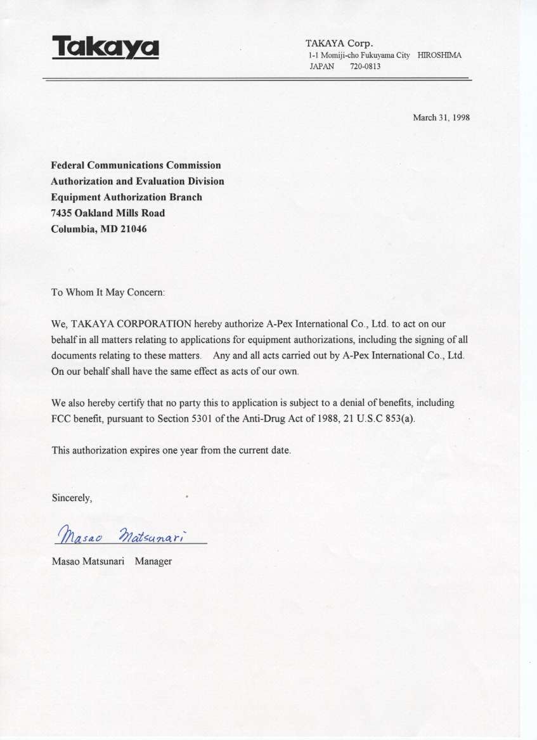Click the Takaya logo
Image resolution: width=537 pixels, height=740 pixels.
point(105,48)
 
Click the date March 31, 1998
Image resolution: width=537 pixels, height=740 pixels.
point(441,117)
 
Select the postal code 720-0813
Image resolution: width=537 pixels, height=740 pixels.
point(365,66)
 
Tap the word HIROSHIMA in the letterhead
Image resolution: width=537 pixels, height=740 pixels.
point(439,55)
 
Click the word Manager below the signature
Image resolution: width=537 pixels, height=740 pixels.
point(153,561)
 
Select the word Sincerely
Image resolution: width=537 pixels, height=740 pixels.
point(72,498)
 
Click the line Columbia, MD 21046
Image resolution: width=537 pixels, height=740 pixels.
point(98,229)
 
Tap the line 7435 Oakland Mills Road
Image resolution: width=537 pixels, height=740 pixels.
point(108,213)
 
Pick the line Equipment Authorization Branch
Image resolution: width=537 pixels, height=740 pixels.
point(126,197)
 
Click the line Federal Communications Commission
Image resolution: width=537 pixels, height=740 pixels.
point(136,166)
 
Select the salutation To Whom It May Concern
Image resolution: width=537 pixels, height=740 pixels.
point(108,293)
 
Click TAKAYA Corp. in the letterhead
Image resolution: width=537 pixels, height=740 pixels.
point(340,44)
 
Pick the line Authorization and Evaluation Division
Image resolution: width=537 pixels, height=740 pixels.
point(137,181)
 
